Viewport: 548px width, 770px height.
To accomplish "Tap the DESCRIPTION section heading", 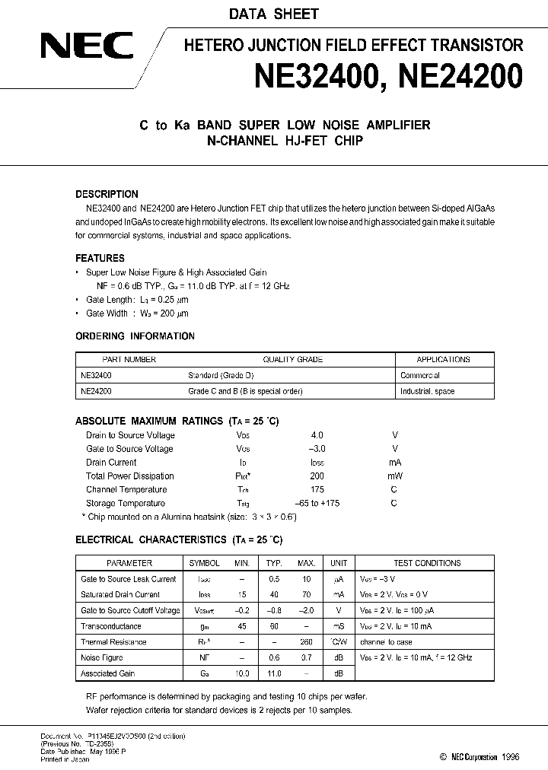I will point(107,194).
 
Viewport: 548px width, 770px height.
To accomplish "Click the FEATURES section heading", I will point(100,258).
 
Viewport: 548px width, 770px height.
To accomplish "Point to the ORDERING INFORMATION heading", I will point(135,336).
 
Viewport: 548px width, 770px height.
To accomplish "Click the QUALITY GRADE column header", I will point(292,360).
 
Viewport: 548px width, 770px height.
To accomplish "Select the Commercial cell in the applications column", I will point(420,376).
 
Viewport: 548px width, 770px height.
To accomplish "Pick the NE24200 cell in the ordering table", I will point(96,391).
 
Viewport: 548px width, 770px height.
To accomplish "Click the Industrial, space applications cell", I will point(427,391).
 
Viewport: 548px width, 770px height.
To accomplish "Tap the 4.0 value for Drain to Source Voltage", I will point(317,435).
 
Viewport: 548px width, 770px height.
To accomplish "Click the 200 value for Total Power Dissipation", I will point(317,476).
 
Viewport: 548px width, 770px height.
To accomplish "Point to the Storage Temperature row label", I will point(126,504).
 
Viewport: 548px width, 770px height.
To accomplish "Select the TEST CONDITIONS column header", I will point(427,563).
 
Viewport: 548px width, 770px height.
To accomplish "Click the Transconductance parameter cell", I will point(111,626).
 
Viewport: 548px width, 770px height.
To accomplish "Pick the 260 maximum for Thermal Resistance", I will point(306,642).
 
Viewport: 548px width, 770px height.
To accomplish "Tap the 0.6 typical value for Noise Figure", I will point(274,658).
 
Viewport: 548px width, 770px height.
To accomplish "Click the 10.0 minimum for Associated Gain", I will point(242,673).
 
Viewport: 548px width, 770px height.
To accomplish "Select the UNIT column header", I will point(338,563).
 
